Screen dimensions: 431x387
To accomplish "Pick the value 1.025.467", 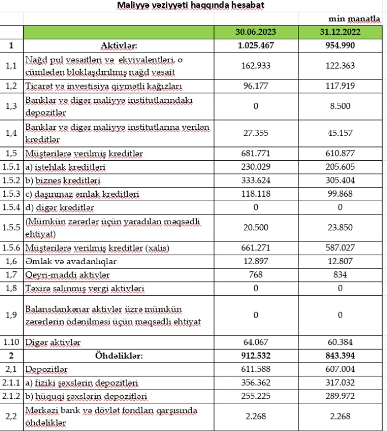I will (255, 45).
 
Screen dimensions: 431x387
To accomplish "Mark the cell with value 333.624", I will (255, 181).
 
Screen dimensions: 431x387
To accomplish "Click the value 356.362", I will (255, 382).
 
